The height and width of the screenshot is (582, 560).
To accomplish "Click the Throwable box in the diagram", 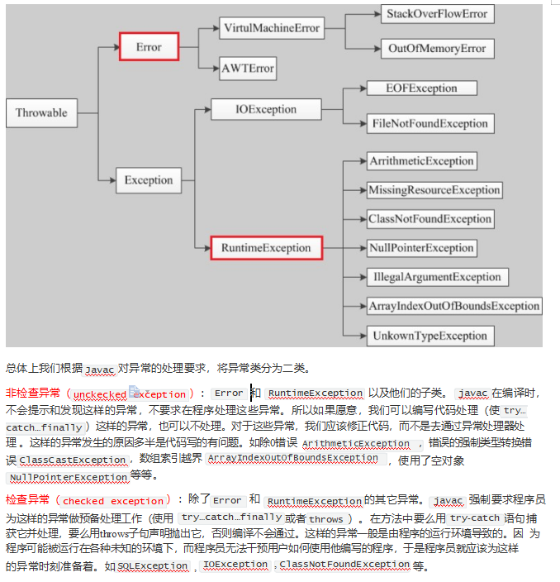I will click(x=41, y=113).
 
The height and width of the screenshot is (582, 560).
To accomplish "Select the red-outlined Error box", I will click(x=149, y=47).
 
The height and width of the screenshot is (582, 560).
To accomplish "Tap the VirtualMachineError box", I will click(x=272, y=28).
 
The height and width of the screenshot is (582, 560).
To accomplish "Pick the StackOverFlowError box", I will click(x=437, y=14).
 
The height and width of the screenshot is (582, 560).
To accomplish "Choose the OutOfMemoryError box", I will click(x=437, y=49).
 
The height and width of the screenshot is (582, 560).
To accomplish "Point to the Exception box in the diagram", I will click(x=149, y=180).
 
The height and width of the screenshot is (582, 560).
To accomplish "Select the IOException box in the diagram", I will click(x=265, y=108).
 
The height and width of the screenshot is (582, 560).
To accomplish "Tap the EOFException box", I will click(x=421, y=88).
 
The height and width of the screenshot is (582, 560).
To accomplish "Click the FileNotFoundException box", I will click(x=429, y=124).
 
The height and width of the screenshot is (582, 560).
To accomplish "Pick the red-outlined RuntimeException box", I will click(x=266, y=247).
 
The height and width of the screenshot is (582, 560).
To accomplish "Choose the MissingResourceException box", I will click(x=434, y=190).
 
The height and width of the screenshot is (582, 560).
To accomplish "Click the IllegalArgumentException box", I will click(x=437, y=277).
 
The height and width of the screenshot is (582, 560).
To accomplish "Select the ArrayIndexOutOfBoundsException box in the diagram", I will click(x=454, y=306).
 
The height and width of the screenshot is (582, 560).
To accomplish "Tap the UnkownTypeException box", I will click(x=429, y=336).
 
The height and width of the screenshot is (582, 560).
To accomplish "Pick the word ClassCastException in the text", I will click(x=73, y=460).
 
